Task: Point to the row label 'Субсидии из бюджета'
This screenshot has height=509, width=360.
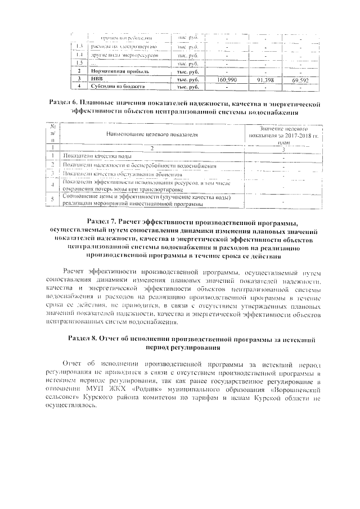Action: [117, 87]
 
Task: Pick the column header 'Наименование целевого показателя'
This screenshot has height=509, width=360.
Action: [152, 135]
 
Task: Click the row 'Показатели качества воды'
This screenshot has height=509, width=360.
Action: [98, 155]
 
